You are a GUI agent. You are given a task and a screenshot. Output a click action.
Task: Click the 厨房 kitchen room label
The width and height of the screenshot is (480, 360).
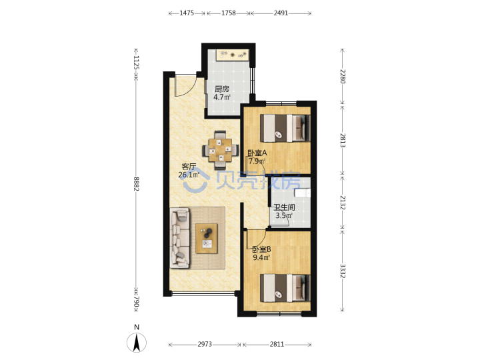[x=221, y=89]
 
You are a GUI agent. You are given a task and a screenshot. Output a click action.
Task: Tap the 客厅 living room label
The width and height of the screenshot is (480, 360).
[x=189, y=167]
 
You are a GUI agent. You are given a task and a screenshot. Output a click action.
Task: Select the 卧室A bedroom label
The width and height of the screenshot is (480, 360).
[x=257, y=153]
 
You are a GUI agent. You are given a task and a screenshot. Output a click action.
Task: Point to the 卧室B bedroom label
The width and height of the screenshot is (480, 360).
[x=261, y=249]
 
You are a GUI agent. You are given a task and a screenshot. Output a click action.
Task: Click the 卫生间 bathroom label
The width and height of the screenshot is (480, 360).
[x=284, y=207]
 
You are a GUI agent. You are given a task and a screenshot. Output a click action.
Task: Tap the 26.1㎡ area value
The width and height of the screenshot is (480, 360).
[x=189, y=175]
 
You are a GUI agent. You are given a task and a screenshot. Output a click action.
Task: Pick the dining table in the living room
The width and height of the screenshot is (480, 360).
[x=221, y=150]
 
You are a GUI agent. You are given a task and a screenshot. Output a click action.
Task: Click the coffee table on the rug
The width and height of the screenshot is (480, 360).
[x=207, y=239]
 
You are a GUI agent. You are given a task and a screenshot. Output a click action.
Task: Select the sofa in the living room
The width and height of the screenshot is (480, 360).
[x=180, y=238]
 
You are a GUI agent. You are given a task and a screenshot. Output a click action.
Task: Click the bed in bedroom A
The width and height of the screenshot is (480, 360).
[x=285, y=128]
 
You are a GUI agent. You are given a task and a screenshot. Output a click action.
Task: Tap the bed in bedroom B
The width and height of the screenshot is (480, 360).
[x=285, y=288]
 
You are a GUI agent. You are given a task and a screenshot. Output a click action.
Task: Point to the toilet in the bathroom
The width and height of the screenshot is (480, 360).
[x=303, y=193]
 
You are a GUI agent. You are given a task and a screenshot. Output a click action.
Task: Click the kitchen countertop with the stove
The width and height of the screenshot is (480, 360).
[x=232, y=55]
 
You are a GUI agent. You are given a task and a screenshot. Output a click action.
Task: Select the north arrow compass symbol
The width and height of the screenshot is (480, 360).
[x=137, y=342]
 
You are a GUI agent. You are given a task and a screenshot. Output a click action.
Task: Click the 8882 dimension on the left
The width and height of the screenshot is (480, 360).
[x=137, y=184]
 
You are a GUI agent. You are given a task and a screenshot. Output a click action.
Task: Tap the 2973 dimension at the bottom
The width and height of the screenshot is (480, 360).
[x=205, y=345]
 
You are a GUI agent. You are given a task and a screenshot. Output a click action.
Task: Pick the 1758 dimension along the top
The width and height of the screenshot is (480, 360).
[x=229, y=13]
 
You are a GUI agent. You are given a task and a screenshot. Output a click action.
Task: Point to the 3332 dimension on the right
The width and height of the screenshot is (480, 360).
[x=343, y=271]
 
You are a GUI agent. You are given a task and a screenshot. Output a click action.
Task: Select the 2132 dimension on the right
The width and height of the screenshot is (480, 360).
[x=343, y=203]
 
